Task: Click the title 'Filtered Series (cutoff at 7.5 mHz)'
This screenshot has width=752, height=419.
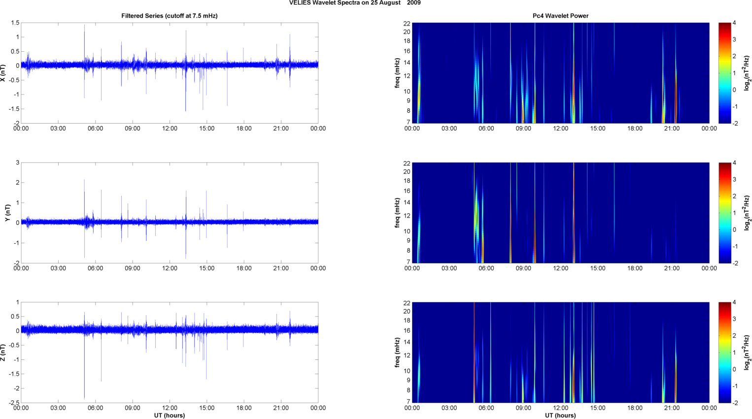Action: tap(169, 16)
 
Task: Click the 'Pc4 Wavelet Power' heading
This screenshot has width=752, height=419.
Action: tap(560, 16)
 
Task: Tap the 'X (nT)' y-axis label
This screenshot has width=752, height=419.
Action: tap(3, 73)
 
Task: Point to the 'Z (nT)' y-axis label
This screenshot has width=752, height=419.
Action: tap(3, 353)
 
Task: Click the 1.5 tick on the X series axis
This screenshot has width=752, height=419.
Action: tap(15, 23)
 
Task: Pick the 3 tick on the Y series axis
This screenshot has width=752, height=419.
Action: tap(17, 163)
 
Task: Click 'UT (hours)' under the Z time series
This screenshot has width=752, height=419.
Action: tap(169, 416)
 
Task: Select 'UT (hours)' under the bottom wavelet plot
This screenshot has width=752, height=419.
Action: tap(560, 416)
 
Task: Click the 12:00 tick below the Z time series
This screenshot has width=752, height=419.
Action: tap(170, 408)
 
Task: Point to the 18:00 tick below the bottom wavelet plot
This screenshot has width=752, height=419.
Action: tap(635, 408)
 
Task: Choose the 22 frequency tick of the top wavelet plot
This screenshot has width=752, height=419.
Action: tap(407, 23)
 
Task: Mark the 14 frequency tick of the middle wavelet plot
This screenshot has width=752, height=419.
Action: tap(407, 202)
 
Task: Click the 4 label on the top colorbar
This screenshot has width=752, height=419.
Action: tap(734, 23)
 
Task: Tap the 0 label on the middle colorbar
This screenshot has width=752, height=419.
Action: tap(734, 229)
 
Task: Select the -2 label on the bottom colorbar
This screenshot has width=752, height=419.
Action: tap(735, 403)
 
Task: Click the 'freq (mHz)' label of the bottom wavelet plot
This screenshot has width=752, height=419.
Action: tap(397, 353)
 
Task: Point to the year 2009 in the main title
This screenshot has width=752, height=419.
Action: tap(414, 3)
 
